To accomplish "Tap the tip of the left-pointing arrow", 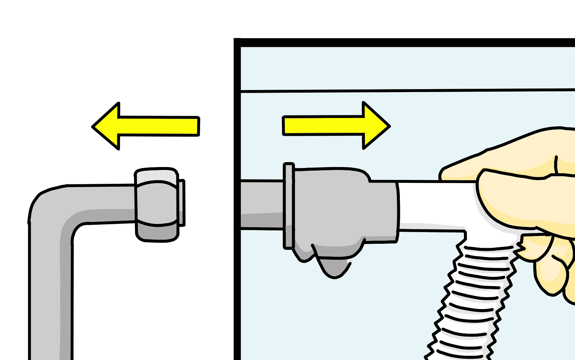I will (x=93, y=127).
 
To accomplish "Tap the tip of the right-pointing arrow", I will (x=389, y=126).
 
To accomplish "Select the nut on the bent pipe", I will (x=157, y=204).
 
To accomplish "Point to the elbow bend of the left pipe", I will (x=49, y=207).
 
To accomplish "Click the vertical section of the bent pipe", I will (x=49, y=296).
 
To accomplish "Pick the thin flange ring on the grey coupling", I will (x=288, y=205).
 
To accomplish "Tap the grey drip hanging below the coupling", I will (x=333, y=266).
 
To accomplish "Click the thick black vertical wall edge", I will (x=237, y=197).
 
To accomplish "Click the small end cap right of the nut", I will (x=182, y=202).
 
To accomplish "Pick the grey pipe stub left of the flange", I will (x=262, y=204).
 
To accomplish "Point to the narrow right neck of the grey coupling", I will (x=383, y=210).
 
